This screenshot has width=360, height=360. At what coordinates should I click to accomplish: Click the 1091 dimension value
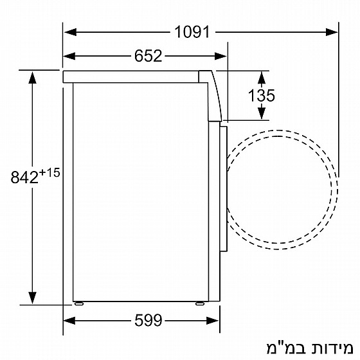pyautogui.click(x=192, y=30)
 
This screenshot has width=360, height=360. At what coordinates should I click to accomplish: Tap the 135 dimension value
pyautogui.click(x=261, y=96)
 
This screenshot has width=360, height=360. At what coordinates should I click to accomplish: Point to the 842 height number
pyautogui.click(x=25, y=177)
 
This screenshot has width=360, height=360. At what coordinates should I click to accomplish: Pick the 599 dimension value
pyautogui.click(x=148, y=319)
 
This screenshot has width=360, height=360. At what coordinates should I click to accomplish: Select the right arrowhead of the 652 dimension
pyautogui.click(x=222, y=56)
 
